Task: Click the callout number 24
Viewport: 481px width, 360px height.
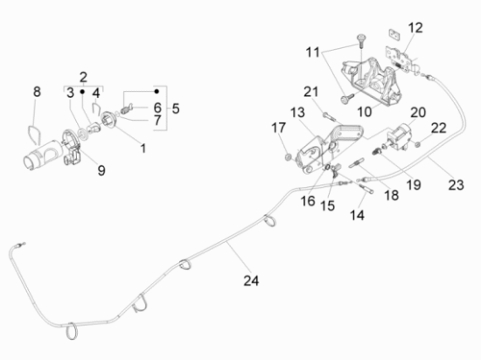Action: click(251, 280)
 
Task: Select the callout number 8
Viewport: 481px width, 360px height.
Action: click(37, 92)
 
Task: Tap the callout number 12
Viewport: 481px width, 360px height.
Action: click(415, 27)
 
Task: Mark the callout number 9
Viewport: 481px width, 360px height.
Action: click(101, 170)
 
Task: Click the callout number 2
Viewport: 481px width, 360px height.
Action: click(84, 76)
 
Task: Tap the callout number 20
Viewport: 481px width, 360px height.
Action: click(417, 113)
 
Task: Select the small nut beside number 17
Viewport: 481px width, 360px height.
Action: click(288, 156)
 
